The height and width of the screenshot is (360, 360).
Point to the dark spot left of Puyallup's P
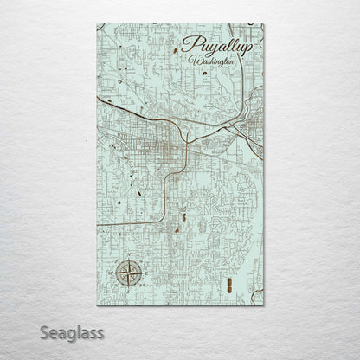click(x=176, y=50)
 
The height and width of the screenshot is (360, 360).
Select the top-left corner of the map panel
click(x=97, y=24)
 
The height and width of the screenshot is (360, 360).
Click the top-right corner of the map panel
click(x=265, y=24)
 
